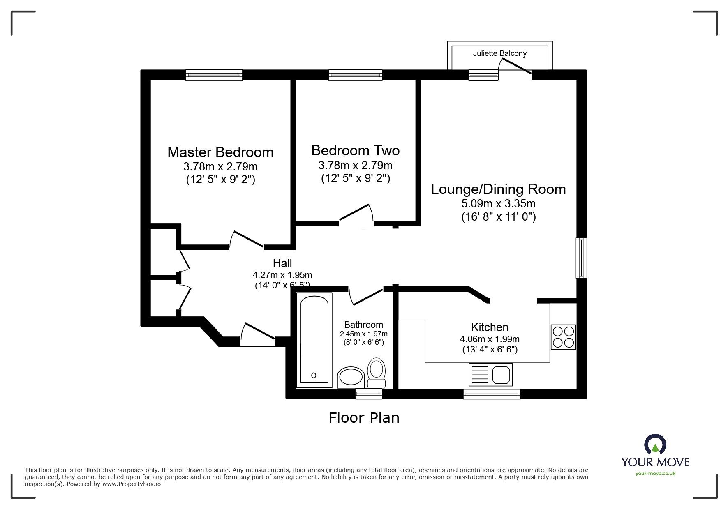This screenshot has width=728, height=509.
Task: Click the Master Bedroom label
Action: coord(220,152)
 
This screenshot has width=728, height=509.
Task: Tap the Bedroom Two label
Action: coord(355,150)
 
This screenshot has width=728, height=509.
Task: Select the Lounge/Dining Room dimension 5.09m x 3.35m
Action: coord(498,203)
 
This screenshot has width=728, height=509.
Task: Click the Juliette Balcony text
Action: coord(499,53)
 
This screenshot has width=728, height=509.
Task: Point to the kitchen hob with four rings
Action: coord(563,337)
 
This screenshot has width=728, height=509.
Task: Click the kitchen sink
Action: coord(490,375)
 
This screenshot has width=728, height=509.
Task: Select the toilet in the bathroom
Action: coord(376,372)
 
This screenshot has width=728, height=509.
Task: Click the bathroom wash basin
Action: coord(351,376)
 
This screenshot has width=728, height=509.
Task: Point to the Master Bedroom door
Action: coord(247,240)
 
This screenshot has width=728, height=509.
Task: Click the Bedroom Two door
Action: coord(356,214)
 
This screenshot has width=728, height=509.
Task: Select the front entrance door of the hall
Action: coord(257,334)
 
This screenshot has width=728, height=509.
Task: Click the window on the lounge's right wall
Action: coord(581,258)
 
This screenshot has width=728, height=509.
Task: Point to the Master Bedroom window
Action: coord(214,75)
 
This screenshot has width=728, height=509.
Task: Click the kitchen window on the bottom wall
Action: coord(492,394)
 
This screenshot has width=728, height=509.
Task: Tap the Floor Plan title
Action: coord(364,418)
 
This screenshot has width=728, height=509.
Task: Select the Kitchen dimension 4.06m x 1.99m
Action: coord(490,339)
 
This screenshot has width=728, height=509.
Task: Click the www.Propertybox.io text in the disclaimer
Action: coord(131,484)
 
